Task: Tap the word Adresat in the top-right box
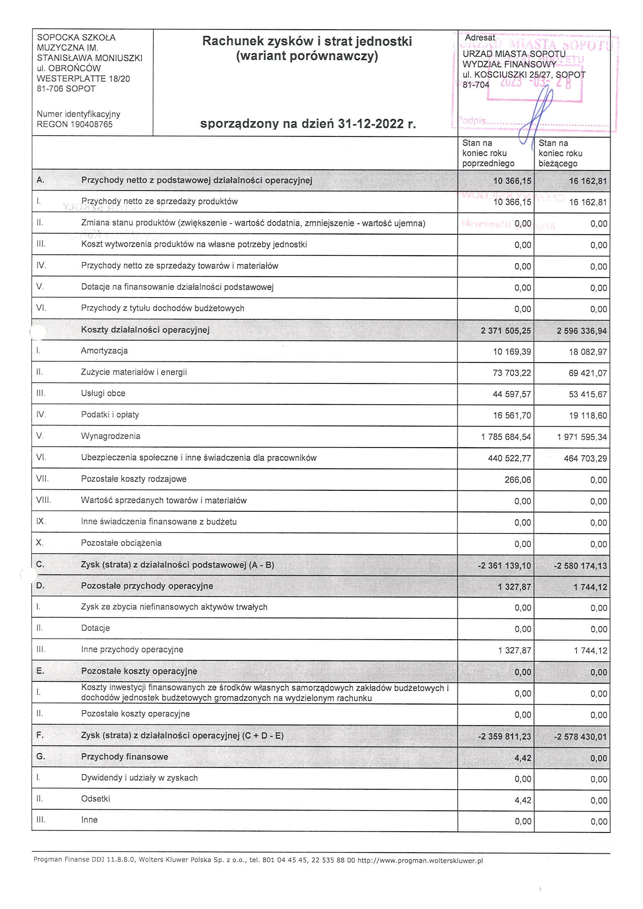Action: point(480,37)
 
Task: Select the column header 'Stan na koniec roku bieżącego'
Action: point(560,153)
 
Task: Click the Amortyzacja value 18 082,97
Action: point(588,352)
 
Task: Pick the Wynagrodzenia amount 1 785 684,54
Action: point(505,437)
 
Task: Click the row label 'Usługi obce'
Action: point(103,393)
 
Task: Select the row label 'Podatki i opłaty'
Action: point(110,415)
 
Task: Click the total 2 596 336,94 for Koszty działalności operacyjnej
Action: point(581,331)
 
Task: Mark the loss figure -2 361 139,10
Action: point(504,566)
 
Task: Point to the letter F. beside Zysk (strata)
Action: point(39,735)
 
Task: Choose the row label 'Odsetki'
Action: point(95,799)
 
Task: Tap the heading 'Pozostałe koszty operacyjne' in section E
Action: point(139,671)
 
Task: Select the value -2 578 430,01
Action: point(580,737)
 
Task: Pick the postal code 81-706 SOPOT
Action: point(66,89)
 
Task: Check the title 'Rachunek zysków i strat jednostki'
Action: point(307,41)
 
